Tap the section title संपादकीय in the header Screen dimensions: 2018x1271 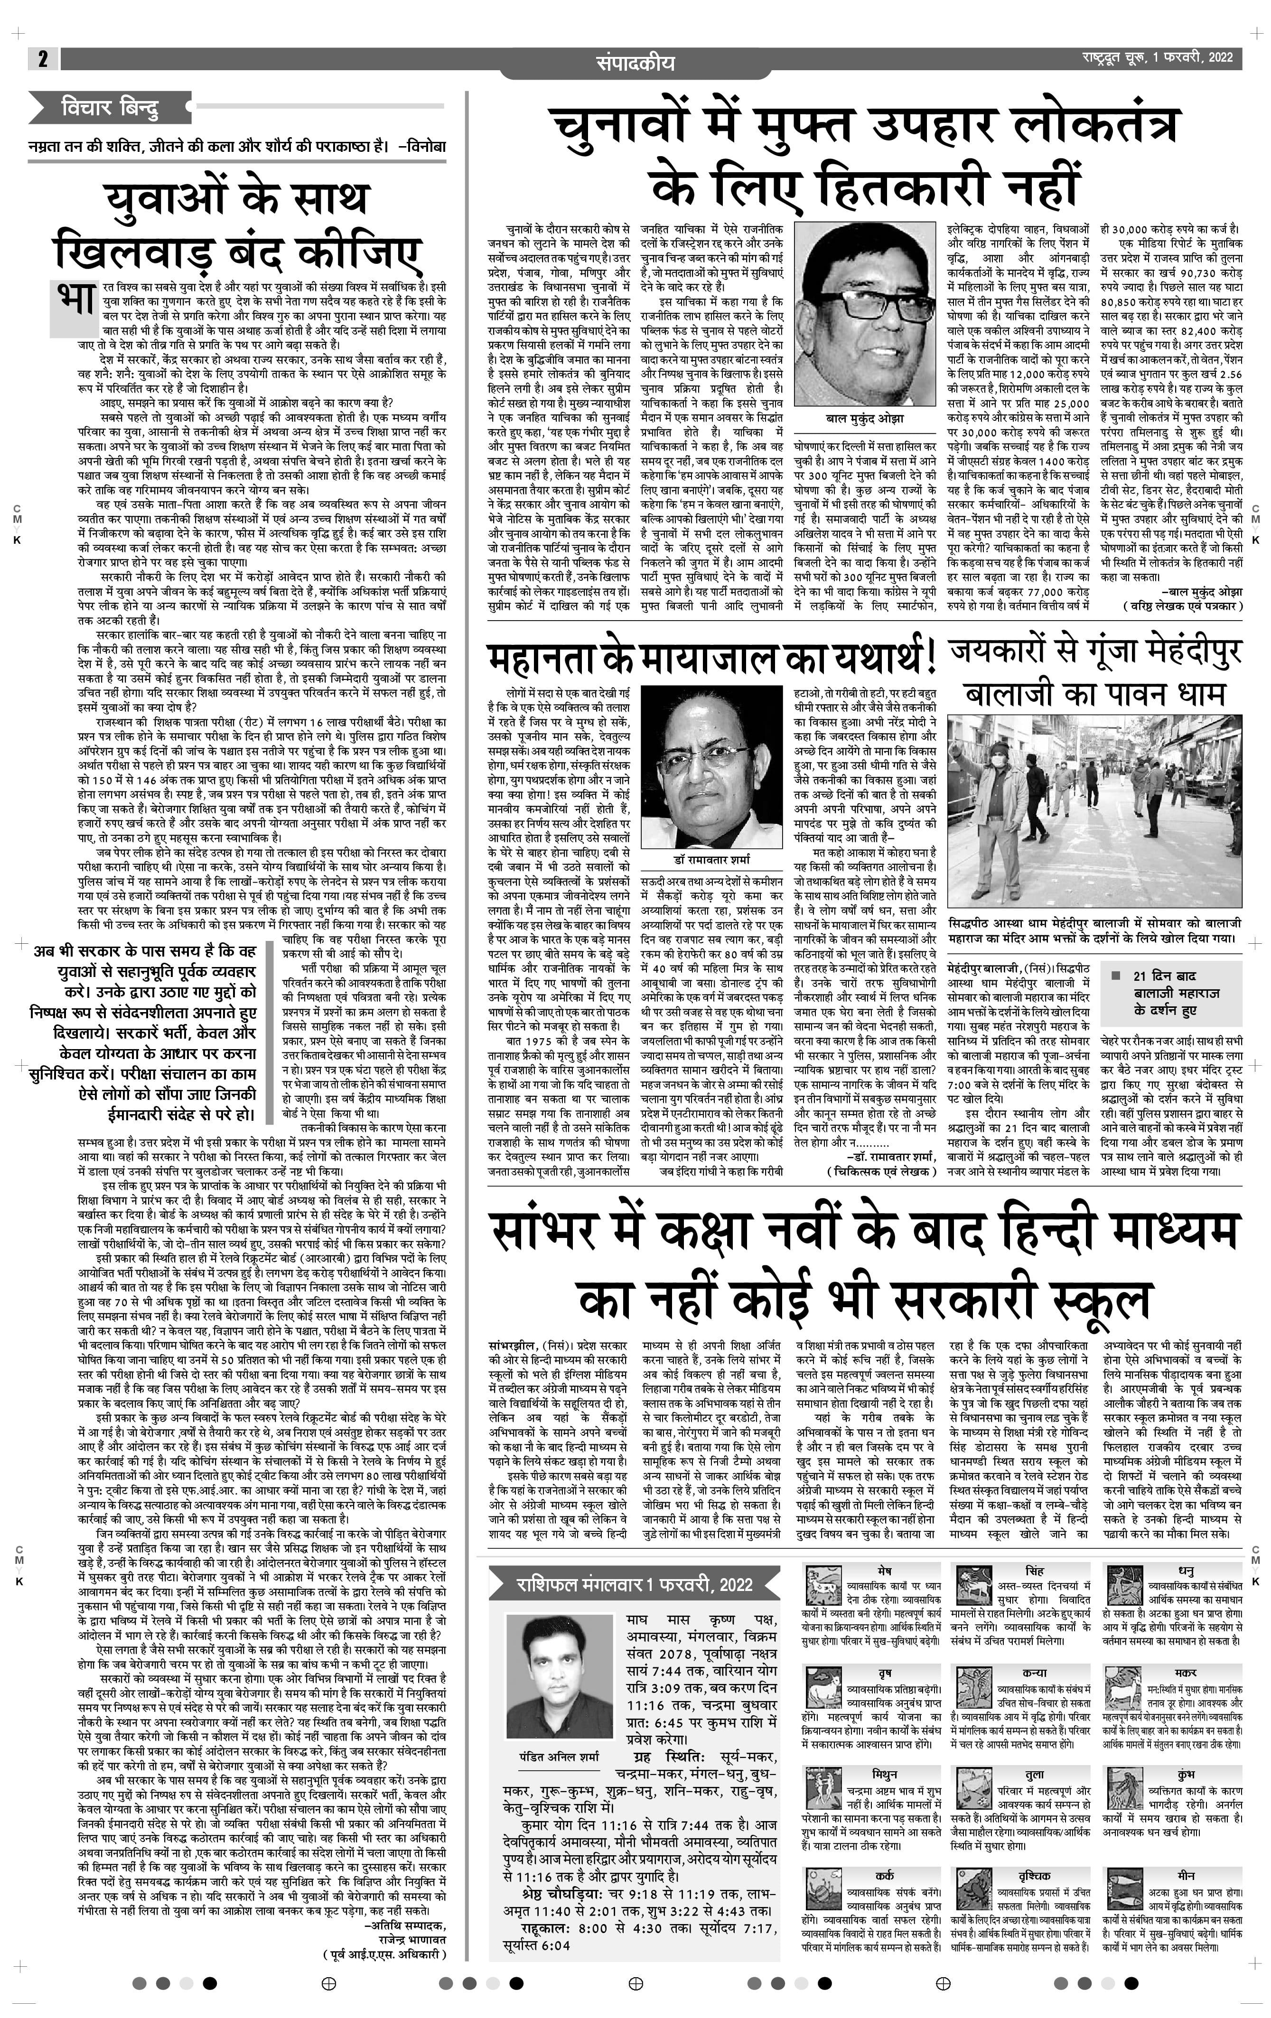[x=635, y=63]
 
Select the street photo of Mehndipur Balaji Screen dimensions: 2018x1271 [x=1093, y=811]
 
